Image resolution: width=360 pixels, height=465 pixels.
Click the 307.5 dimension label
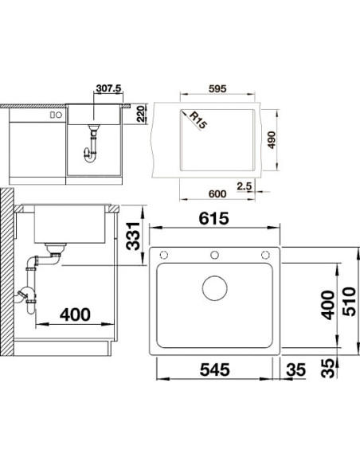click(109, 88)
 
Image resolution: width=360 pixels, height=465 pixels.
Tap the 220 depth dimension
click(141, 114)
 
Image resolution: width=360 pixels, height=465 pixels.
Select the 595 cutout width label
click(217, 88)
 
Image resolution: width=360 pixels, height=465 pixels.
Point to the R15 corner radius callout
click(198, 119)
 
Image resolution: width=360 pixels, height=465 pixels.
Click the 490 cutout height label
click(272, 140)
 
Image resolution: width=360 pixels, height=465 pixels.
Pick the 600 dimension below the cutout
click(217, 193)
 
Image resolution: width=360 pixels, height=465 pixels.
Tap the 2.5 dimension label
click(245, 186)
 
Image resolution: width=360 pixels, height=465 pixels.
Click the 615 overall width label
click(213, 218)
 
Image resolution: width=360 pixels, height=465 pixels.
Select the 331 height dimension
click(133, 236)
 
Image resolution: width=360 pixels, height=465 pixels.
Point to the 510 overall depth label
click(349, 301)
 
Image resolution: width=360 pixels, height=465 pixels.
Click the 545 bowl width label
click(215, 369)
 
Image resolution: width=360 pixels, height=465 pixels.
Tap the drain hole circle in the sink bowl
click(215, 288)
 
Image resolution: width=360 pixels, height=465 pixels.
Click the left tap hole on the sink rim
click(164, 255)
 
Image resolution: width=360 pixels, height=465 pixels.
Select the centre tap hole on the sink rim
click(214, 255)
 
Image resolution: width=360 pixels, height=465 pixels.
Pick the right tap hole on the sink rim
click(265, 255)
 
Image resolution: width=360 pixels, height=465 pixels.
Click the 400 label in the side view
click(75, 315)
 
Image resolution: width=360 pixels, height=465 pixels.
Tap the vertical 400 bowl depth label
click(328, 305)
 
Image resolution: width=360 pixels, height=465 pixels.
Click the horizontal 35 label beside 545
click(295, 369)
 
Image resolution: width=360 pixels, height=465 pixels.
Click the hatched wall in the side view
click(6, 272)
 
